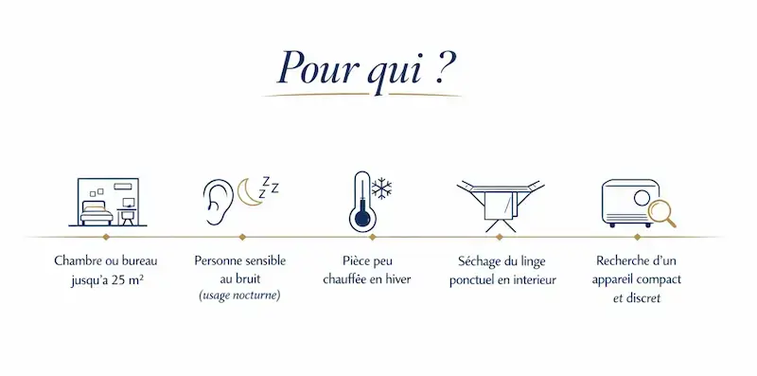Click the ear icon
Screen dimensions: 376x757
(x=216, y=200)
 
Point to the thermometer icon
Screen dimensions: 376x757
(x=360, y=201)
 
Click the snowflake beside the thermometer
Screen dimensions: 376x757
(x=382, y=188)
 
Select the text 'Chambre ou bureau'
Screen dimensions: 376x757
(x=106, y=260)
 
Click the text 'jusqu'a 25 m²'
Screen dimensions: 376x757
(x=106, y=279)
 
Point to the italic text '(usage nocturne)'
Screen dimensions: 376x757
(x=239, y=296)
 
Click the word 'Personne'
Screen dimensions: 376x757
(x=217, y=260)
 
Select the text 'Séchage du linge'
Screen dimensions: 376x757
(x=501, y=260)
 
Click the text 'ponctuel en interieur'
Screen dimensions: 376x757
(x=501, y=279)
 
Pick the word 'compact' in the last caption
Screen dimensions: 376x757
(x=659, y=279)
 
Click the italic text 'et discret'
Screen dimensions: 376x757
(x=636, y=297)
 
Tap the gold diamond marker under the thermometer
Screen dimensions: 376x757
(x=373, y=237)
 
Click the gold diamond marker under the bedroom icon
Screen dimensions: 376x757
(x=106, y=237)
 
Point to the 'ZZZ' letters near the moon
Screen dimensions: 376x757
(x=270, y=185)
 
